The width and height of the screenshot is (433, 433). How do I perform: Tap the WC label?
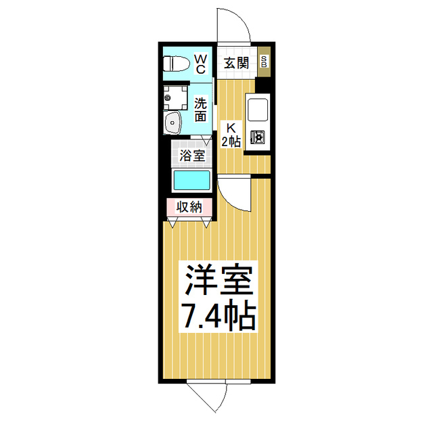201,64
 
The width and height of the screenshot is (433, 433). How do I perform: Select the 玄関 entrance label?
237,63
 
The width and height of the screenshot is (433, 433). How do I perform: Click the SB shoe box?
264,62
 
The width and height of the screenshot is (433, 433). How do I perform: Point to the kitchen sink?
257,109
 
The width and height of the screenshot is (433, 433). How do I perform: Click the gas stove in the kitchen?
257,137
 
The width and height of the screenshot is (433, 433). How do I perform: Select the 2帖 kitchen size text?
231,141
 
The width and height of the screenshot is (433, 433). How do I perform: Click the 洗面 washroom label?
201,110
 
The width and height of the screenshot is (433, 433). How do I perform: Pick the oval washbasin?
173,124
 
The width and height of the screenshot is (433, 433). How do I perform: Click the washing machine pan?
177,97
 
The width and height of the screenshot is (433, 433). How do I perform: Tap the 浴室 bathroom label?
192,155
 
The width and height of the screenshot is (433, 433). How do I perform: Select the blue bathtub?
192,181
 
